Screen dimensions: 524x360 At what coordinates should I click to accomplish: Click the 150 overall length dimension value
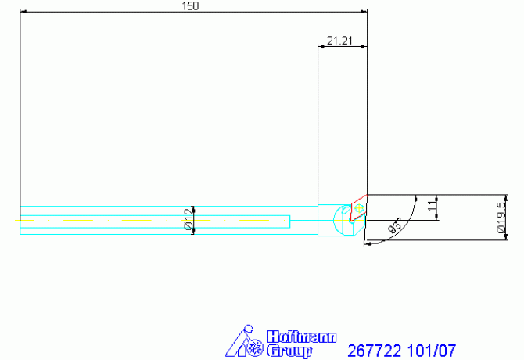pos(190,6)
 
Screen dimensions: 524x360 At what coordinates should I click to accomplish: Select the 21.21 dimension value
pos(339,41)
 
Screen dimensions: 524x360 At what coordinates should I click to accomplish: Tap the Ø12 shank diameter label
pos(189,220)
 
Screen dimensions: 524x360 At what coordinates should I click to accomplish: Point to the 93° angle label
pos(394,226)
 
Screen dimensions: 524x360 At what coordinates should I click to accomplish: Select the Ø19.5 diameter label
pos(501,218)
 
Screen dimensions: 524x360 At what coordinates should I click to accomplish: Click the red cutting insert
pos(358,208)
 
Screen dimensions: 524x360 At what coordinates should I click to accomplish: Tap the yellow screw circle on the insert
pos(359,208)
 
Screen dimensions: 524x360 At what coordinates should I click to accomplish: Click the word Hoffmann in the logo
pos(302,337)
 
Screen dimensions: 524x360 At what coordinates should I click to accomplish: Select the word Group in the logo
pos(289,351)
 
